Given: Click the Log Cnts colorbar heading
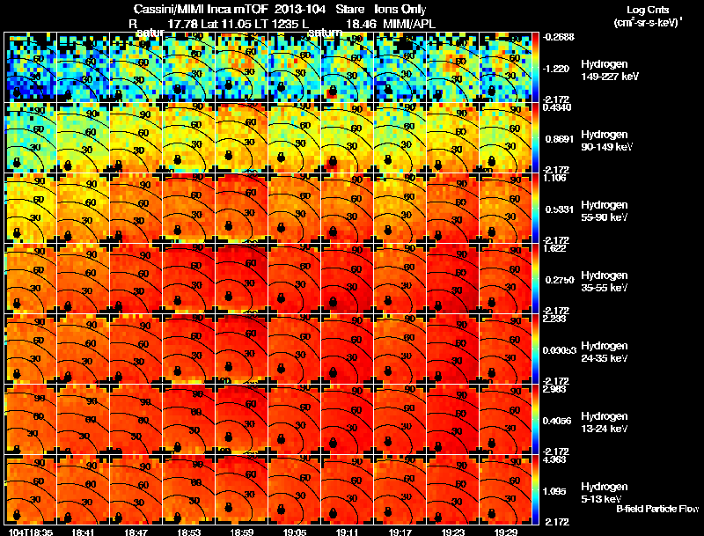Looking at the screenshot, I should coord(646,9).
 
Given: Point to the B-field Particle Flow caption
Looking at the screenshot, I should coord(656,509).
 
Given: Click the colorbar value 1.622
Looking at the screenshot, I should coord(555,248).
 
